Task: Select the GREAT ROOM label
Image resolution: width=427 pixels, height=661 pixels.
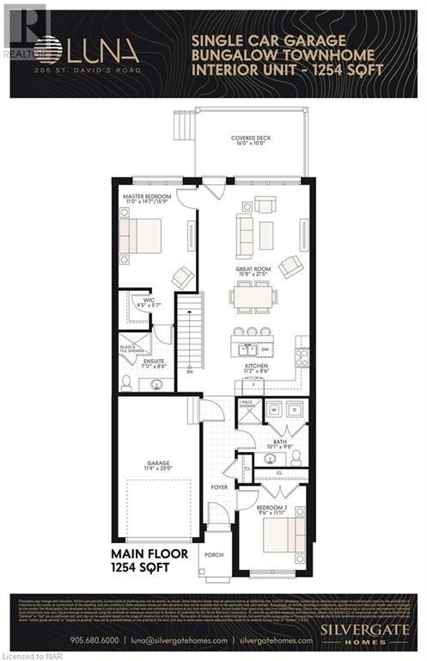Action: click(x=254, y=271)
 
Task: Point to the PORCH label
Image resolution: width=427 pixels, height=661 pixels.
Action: click(x=214, y=555)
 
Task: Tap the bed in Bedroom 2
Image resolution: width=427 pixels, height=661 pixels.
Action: click(x=284, y=532)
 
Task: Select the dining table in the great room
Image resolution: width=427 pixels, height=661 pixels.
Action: click(x=253, y=298)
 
